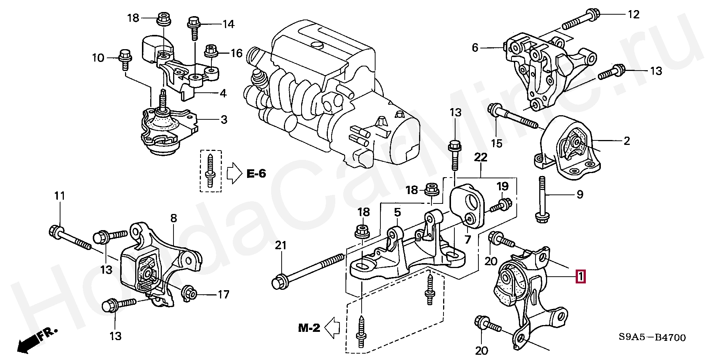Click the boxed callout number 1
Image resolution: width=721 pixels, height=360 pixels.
coord(581,277)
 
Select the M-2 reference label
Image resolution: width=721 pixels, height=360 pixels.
coord(309,328)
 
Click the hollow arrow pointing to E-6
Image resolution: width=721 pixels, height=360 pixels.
coord(235,173)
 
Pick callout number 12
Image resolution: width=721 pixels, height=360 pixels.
coord(634,15)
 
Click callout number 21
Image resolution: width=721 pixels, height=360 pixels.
coord(281,246)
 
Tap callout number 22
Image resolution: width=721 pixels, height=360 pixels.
coord(480,157)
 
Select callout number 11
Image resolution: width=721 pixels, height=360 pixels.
coord(59,196)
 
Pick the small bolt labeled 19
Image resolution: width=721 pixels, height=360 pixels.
coord(501,205)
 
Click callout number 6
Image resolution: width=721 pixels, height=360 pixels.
coord(475,48)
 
